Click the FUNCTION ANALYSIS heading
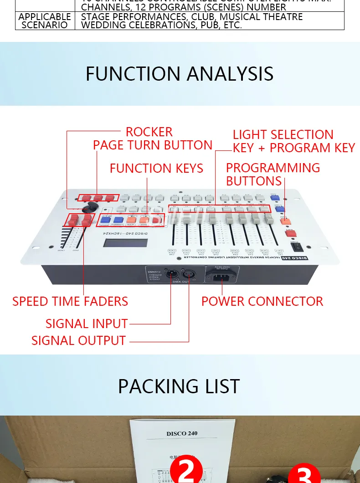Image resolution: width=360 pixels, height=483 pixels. tap(180, 74)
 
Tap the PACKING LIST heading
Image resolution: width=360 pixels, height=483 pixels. tap(179, 386)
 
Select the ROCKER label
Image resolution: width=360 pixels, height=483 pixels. tap(149, 132)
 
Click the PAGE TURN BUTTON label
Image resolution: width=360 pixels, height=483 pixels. tap(153, 145)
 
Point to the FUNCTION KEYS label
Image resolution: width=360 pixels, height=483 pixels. tap(156, 168)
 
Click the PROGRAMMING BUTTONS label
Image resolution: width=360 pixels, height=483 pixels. tap(273, 174)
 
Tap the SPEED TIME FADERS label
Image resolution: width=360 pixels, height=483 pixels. tap(70, 301)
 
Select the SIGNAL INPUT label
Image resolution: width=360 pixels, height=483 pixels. tap(87, 324)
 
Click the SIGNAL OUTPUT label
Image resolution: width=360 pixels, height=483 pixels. tap(78, 340)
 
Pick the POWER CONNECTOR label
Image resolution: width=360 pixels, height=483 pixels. tap(262, 301)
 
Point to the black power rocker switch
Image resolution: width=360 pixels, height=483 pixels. tap(298, 247)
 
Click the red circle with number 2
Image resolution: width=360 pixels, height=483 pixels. tap(186, 472)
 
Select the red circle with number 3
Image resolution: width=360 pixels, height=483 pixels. tap(304, 475)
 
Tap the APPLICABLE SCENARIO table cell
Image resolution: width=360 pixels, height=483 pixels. tap(45, 21)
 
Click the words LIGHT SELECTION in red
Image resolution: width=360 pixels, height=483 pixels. tap(283, 135)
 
